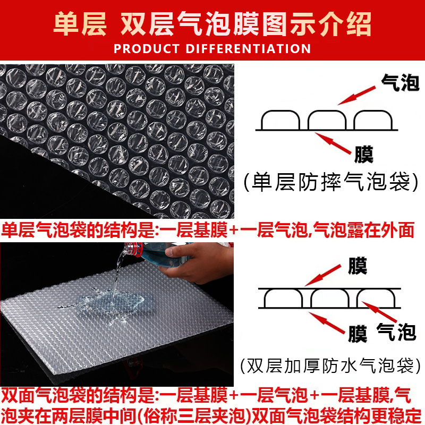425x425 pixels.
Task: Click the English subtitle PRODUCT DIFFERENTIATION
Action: [x=212, y=49]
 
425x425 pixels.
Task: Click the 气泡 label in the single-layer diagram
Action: [x=400, y=82]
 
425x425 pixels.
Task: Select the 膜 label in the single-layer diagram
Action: [x=364, y=154]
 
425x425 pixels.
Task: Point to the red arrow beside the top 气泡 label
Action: [x=356, y=96]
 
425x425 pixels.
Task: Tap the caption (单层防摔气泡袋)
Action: [x=331, y=182]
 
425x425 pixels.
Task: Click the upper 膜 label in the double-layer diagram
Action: [x=358, y=266]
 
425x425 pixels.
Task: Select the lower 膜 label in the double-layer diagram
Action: [x=358, y=334]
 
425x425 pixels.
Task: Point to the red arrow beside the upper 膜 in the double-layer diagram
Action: [x=323, y=275]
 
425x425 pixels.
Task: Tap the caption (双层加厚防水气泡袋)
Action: [x=330, y=365]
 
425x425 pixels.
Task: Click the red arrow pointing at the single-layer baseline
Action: [x=333, y=143]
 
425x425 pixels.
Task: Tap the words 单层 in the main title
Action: [x=80, y=24]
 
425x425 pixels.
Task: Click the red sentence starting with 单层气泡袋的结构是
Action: [x=208, y=231]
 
